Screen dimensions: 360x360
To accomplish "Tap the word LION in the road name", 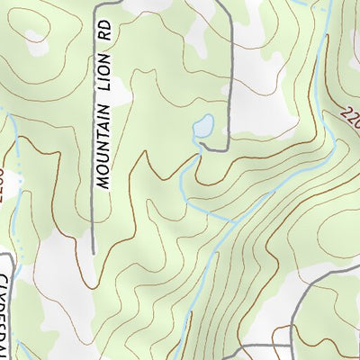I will pyautogui.click(x=104, y=91).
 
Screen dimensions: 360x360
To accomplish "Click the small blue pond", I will pyautogui.click(x=203, y=127).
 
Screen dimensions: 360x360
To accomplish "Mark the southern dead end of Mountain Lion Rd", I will pyautogui.click(x=94, y=253).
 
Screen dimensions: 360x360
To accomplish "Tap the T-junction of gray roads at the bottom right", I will pyautogui.click(x=292, y=323).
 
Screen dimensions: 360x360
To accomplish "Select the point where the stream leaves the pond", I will pyautogui.click(x=199, y=139).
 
